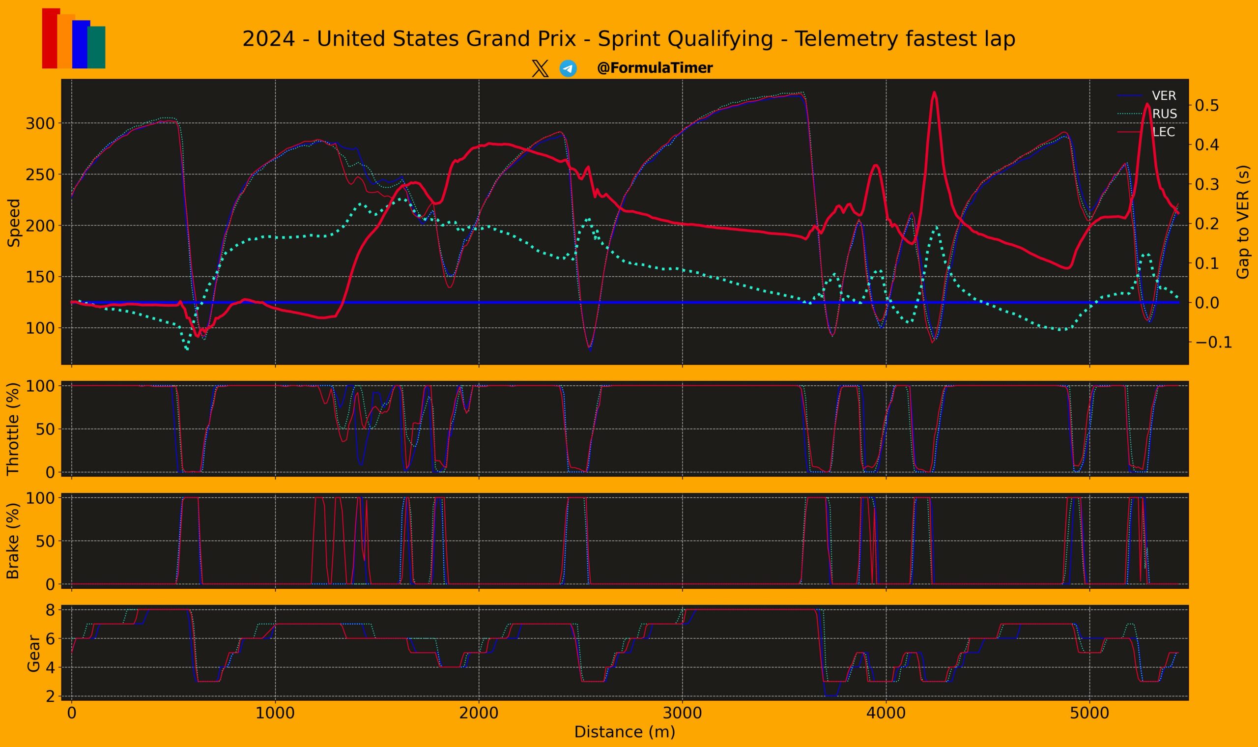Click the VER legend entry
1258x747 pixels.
pos(1163,96)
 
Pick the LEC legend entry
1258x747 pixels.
pos(1163,132)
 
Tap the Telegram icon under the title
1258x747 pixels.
pos(568,68)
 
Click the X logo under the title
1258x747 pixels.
pos(540,68)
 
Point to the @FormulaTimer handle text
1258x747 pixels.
pos(655,68)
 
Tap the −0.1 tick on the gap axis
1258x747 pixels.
pos(1213,342)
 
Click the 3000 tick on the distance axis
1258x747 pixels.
pos(683,713)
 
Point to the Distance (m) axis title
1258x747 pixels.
pos(625,732)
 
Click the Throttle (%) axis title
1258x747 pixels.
pos(13,429)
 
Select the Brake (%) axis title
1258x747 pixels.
pos(13,541)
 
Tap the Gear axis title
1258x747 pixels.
pos(33,653)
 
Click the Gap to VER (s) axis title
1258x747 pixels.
pos(1243,222)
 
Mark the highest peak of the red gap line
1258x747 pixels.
pos(934,92)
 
